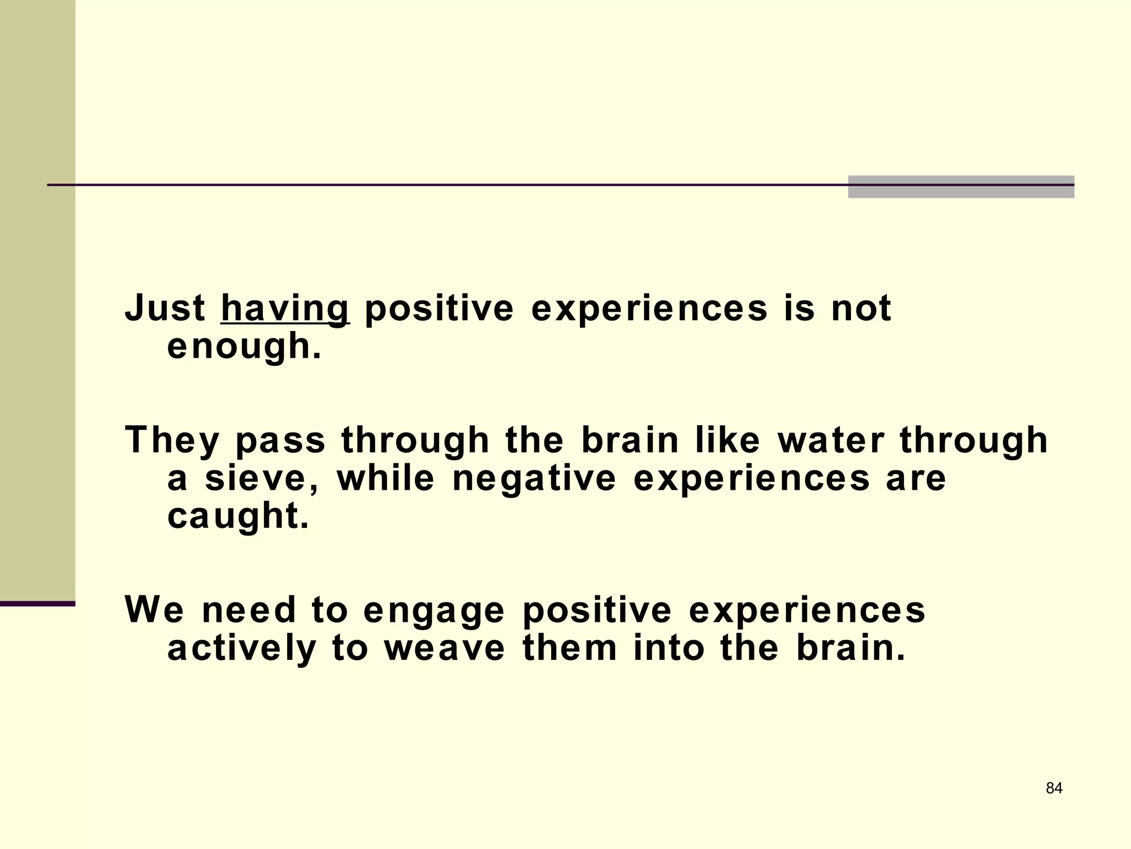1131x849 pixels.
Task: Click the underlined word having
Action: tap(285, 309)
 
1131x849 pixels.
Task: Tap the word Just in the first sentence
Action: tap(165, 308)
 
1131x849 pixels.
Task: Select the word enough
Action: tap(244, 347)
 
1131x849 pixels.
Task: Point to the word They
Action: tap(172, 441)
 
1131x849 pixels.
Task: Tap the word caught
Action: tap(237, 516)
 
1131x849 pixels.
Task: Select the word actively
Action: tap(242, 648)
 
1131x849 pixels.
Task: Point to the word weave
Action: tap(445, 648)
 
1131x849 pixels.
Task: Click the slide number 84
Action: tap(1054, 788)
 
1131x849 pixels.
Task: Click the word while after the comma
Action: tap(386, 478)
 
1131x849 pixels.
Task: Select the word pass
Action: tap(281, 441)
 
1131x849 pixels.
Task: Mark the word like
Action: tap(727, 441)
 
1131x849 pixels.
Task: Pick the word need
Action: tap(249, 610)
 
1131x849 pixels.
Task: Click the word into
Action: tap(669, 648)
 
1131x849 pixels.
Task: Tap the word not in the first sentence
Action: tap(861, 308)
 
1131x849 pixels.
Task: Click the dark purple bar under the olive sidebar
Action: tap(38, 604)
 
